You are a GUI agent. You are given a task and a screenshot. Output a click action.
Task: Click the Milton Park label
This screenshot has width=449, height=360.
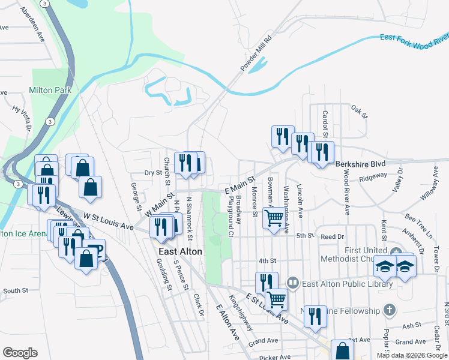coord(50,90)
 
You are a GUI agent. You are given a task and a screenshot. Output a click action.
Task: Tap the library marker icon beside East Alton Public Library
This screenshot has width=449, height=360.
coord(292,281)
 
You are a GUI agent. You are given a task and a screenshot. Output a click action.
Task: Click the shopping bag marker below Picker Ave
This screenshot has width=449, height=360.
coord(342,350)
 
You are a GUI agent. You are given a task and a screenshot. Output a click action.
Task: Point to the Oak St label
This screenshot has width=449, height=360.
coord(358,110)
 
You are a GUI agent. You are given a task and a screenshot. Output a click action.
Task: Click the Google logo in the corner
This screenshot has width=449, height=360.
coord(20,353)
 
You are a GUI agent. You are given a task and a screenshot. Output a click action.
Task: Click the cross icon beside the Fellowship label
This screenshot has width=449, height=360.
coord(390,310)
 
